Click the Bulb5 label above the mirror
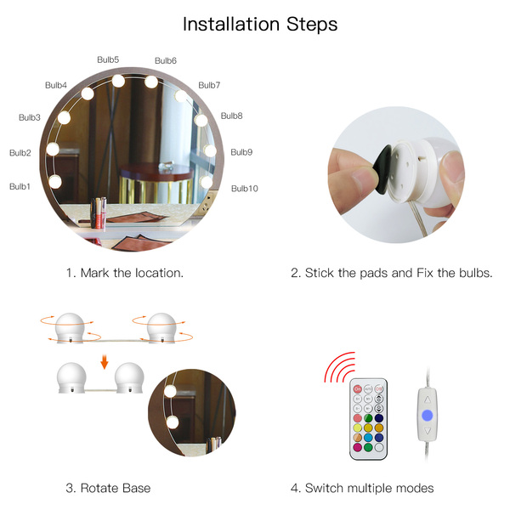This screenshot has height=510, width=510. (108, 59)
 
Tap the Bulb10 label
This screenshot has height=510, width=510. (244, 189)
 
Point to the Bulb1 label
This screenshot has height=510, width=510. (20, 186)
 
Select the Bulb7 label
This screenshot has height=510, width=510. (209, 85)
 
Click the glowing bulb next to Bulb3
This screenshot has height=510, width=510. (64, 117)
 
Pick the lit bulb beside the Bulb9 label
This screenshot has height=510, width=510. (210, 150)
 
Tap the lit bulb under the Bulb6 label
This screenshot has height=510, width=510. (151, 82)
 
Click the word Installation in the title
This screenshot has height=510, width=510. (231, 24)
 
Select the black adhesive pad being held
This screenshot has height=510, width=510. (382, 170)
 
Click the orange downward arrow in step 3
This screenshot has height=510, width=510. (104, 362)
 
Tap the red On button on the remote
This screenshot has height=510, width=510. (358, 388)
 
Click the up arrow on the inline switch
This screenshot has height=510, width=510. (427, 399)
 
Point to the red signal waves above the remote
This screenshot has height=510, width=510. (339, 367)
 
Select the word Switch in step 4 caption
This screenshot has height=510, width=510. (324, 488)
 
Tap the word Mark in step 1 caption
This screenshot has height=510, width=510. (94, 273)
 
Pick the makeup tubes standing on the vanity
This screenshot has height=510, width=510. (99, 213)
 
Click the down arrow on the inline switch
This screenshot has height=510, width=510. (427, 431)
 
